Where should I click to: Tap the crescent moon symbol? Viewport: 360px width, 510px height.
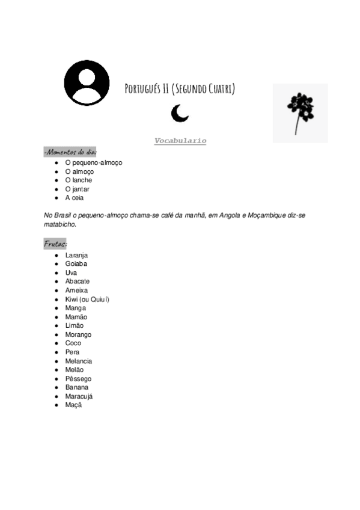pyautogui.click(x=178, y=112)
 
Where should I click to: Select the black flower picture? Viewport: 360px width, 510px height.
pyautogui.click(x=300, y=112)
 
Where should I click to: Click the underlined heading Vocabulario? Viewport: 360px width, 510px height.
pyautogui.click(x=180, y=141)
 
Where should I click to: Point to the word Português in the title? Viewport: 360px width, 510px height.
pyautogui.click(x=143, y=90)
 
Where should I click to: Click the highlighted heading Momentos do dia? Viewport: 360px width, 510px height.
pyautogui.click(x=70, y=152)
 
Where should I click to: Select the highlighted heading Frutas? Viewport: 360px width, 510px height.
pyautogui.click(x=55, y=244)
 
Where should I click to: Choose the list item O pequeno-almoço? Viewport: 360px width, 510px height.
pyautogui.click(x=93, y=162)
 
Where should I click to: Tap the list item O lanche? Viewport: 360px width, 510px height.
pyautogui.click(x=79, y=180)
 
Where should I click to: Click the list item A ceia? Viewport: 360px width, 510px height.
pyautogui.click(x=75, y=198)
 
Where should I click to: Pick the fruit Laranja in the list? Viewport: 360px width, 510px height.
pyautogui.click(x=76, y=255)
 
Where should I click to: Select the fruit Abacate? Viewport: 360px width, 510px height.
pyautogui.click(x=78, y=281)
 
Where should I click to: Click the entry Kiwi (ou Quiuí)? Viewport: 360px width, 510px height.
pyautogui.click(x=87, y=299)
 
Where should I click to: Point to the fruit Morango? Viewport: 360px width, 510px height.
pyautogui.click(x=78, y=334)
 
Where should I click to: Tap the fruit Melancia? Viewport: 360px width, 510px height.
pyautogui.click(x=79, y=361)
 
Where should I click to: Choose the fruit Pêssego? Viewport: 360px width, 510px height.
pyautogui.click(x=78, y=379)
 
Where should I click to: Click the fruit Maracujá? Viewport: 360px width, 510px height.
pyautogui.click(x=79, y=396)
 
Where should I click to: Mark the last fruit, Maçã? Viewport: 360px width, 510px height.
pyautogui.click(x=73, y=405)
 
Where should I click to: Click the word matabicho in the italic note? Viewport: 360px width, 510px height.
pyautogui.click(x=60, y=224)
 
